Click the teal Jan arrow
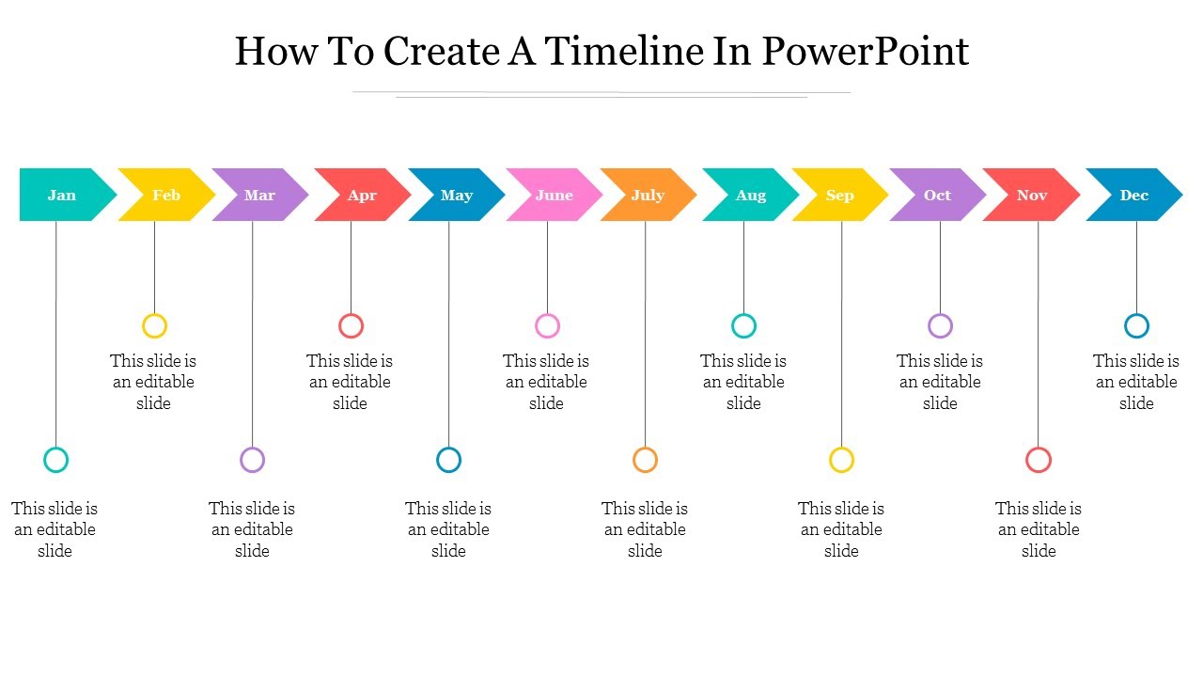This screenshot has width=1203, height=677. (63, 195)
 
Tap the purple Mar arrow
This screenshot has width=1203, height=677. (260, 195)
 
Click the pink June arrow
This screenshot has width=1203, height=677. (555, 195)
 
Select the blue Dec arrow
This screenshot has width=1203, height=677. (1134, 195)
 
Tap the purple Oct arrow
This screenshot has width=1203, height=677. (938, 195)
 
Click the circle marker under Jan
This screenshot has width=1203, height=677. (56, 460)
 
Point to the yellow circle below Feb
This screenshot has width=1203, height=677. (154, 326)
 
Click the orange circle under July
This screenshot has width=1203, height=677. (645, 460)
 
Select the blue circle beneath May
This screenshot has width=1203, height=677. (449, 460)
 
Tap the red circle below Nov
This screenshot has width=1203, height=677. (1039, 460)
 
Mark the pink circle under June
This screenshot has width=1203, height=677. (547, 326)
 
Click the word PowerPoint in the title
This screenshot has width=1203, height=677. (865, 51)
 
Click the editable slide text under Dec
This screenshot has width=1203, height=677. (1135, 382)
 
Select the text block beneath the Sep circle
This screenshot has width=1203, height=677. (841, 529)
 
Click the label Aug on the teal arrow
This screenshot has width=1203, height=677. (751, 195)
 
